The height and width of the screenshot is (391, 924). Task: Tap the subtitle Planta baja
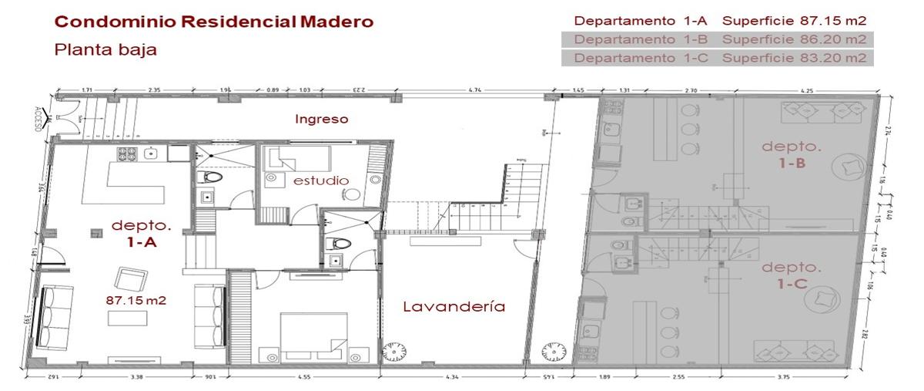click(x=105, y=50)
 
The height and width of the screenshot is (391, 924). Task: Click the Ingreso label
click(x=322, y=119)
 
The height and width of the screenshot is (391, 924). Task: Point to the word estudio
click(x=321, y=180)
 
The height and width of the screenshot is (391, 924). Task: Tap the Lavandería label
click(x=454, y=306)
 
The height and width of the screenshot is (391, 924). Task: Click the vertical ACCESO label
click(x=38, y=120)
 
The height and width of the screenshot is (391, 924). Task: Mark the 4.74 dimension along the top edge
click(x=475, y=91)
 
